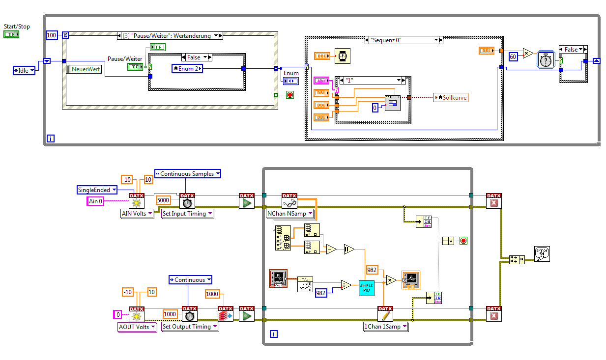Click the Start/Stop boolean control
point(11,34)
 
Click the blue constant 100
point(51,35)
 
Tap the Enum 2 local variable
point(187,69)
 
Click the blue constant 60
point(513,56)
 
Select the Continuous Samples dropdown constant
point(187,173)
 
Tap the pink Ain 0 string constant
point(95,200)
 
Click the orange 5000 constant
point(163,200)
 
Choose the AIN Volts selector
point(137,214)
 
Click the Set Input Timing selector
point(187,214)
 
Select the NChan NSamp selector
point(290,214)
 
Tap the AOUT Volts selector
point(137,327)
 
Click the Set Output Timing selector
point(190,327)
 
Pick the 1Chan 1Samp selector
point(385,327)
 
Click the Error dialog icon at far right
point(542,254)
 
